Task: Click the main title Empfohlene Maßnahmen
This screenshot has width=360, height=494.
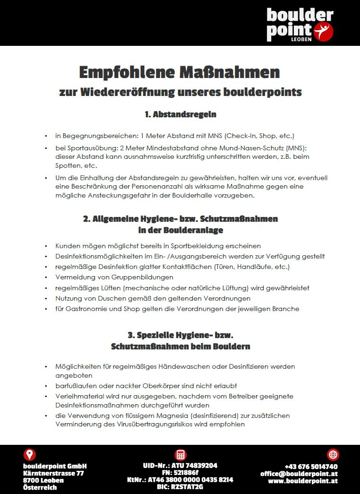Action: click(x=180, y=72)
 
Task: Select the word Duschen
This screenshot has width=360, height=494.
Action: click(x=109, y=298)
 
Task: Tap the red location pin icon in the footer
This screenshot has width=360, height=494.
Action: click(x=30, y=455)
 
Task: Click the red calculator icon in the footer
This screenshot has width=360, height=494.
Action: click(x=180, y=455)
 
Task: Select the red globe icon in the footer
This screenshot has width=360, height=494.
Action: click(x=333, y=455)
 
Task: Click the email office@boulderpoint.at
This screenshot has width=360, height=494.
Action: click(x=299, y=474)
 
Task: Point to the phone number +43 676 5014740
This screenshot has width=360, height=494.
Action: click(x=311, y=467)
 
